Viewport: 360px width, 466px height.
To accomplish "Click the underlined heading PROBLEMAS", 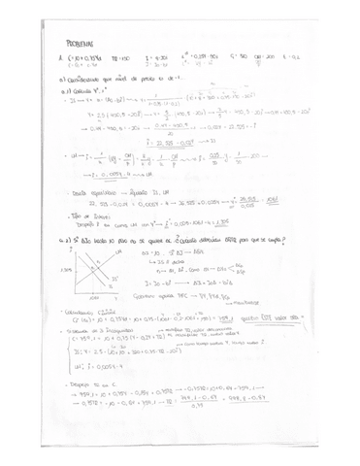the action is tap(78, 44).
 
